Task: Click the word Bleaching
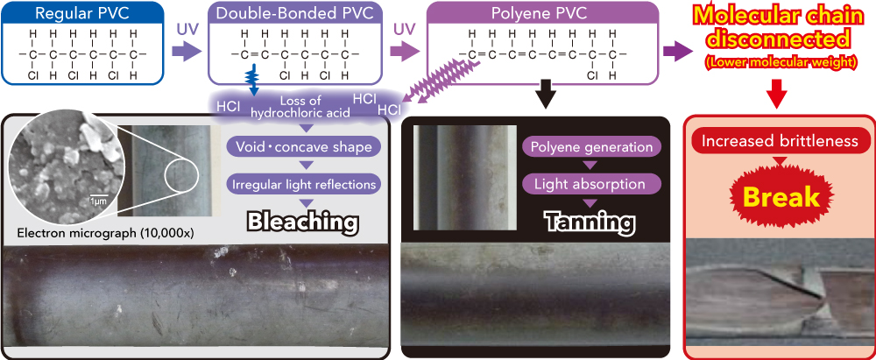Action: [302, 222]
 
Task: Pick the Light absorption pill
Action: [588, 184]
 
